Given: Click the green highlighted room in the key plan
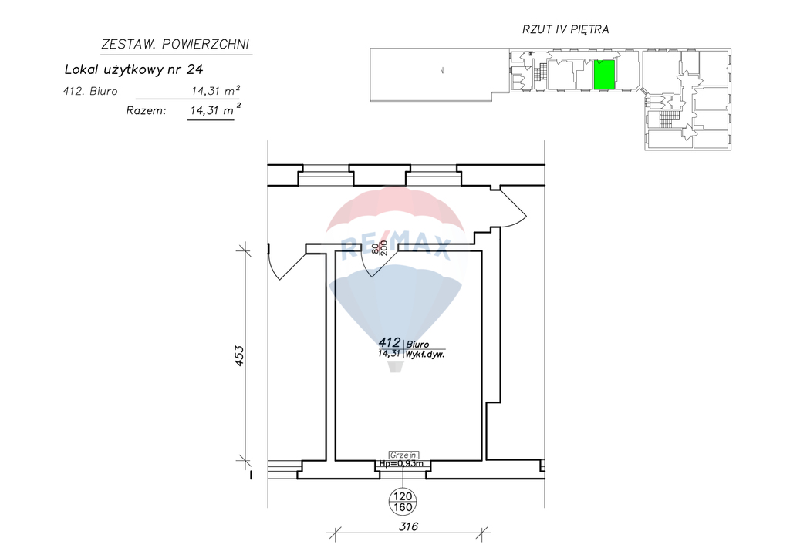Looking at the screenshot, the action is tap(604, 75).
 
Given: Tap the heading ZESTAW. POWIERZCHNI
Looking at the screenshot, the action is tap(175, 45).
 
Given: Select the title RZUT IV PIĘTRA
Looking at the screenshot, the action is tap(565, 29).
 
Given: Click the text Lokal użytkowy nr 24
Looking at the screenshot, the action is tap(133, 69).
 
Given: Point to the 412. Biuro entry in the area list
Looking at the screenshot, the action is tap(90, 91).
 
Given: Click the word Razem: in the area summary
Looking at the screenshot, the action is tap(146, 111).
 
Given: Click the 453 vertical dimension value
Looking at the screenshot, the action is tap(239, 355).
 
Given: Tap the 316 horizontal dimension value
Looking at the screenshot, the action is tap(408, 526).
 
